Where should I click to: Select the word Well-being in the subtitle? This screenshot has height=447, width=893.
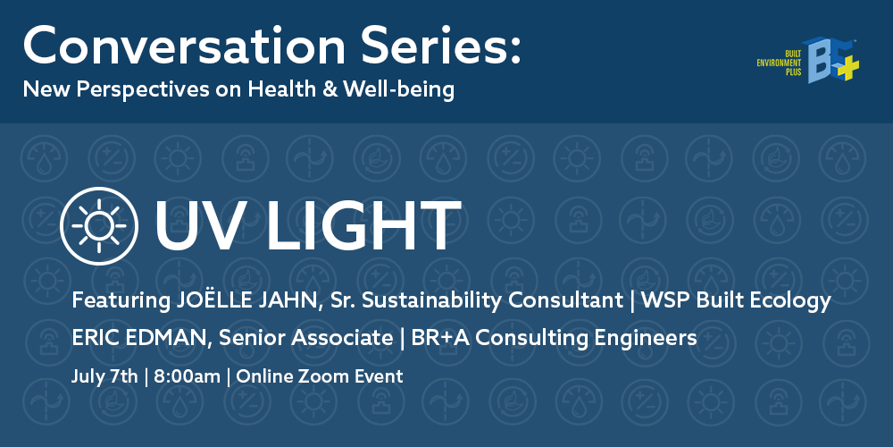(398, 90)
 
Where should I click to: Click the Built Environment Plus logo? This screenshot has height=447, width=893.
(807, 60)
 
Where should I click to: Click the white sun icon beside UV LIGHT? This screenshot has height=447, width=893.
(99, 226)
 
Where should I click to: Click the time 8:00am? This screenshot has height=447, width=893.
(187, 376)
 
